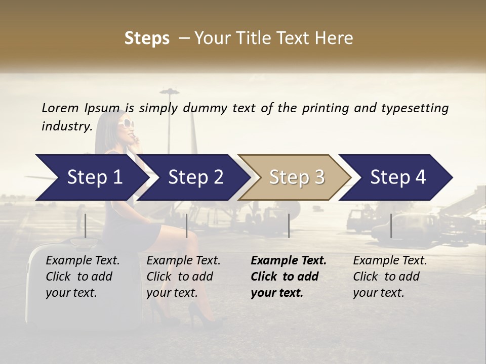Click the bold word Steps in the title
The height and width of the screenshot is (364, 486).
(x=147, y=38)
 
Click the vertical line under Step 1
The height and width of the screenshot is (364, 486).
(x=86, y=225)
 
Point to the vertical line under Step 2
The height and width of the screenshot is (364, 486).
(x=187, y=225)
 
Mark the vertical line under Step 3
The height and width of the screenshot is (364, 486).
(x=289, y=225)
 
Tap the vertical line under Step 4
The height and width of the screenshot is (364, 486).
(x=391, y=225)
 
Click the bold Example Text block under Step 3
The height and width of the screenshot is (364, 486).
(x=289, y=277)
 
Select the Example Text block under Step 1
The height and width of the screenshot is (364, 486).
(x=83, y=277)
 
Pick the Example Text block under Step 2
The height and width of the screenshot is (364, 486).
(x=183, y=277)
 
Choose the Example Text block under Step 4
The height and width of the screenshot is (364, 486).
(x=390, y=277)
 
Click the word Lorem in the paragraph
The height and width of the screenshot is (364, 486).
(x=60, y=108)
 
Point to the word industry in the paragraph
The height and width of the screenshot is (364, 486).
(x=66, y=126)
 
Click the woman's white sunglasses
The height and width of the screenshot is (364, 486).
(x=125, y=123)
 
